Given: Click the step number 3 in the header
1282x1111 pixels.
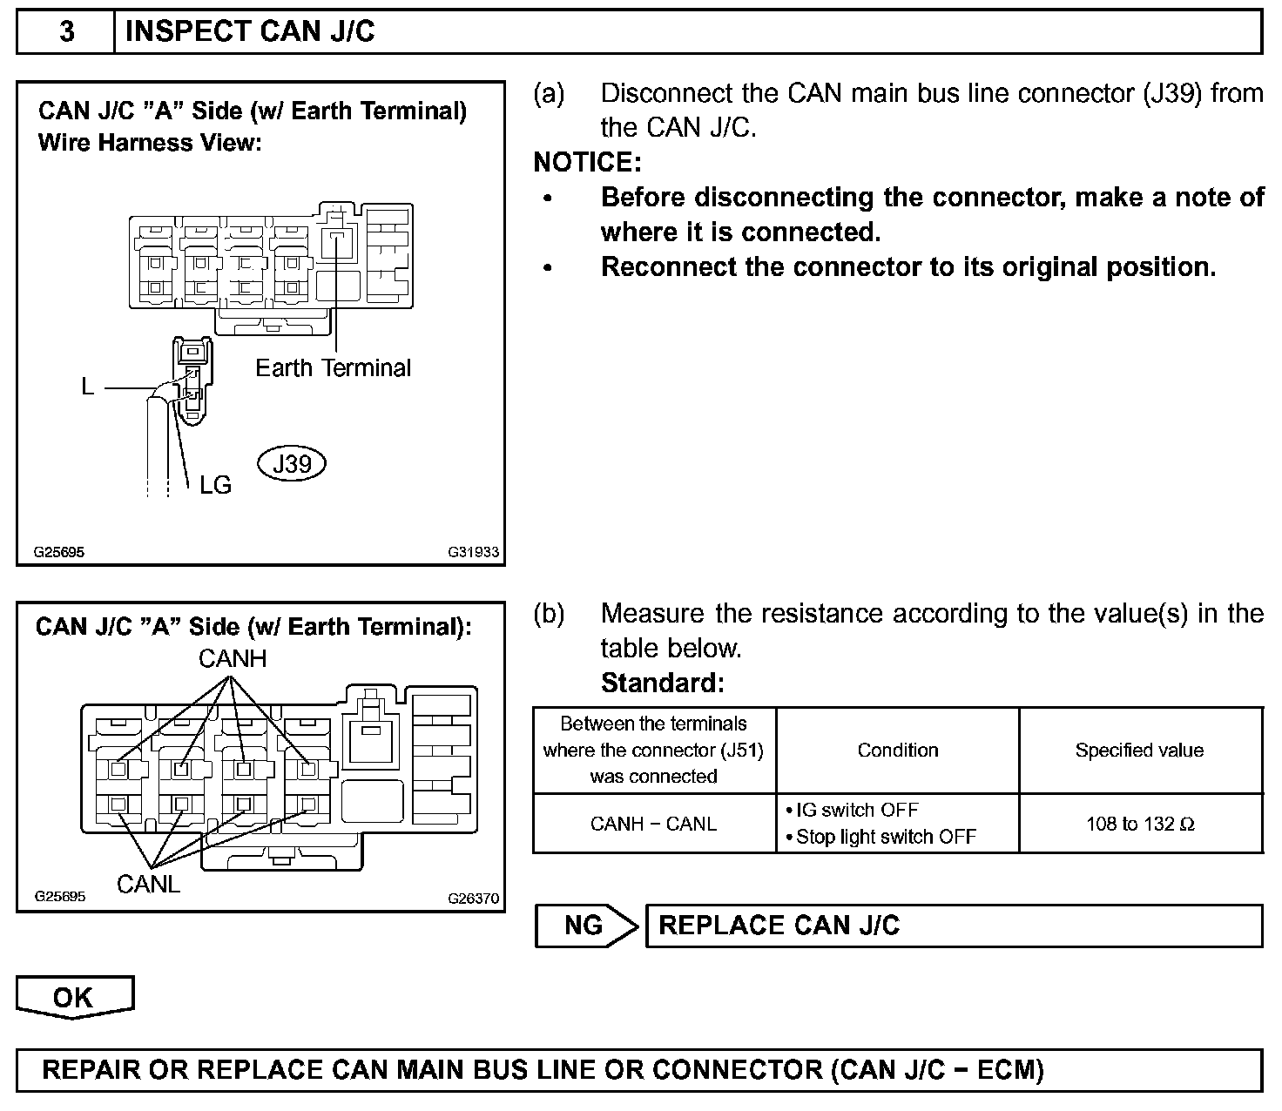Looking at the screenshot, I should (x=66, y=32).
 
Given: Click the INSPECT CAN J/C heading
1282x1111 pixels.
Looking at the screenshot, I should (x=250, y=32).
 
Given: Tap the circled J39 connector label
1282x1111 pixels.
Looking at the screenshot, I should (x=292, y=463).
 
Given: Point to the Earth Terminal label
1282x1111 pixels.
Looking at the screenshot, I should (x=333, y=367).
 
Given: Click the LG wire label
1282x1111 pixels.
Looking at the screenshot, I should (x=215, y=485).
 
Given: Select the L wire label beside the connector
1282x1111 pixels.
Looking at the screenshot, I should (x=88, y=387).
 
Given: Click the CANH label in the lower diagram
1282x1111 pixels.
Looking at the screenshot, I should (x=233, y=658).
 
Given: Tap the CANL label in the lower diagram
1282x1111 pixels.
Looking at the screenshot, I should (x=148, y=885).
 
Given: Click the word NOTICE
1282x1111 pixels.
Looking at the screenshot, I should (x=587, y=163).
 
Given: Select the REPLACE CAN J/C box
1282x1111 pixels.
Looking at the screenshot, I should (x=954, y=926).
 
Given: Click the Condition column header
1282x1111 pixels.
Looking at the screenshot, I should (x=898, y=751).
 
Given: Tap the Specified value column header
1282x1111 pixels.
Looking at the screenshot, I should (x=1139, y=751).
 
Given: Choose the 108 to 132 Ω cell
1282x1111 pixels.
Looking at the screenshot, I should (x=1140, y=824).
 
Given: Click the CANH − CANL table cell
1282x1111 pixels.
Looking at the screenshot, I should (x=653, y=824).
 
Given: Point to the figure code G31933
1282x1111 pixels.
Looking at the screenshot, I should (x=474, y=552).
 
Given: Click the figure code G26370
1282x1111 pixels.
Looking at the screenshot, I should (x=474, y=899).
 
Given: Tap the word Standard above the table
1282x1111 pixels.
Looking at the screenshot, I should (x=662, y=683).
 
